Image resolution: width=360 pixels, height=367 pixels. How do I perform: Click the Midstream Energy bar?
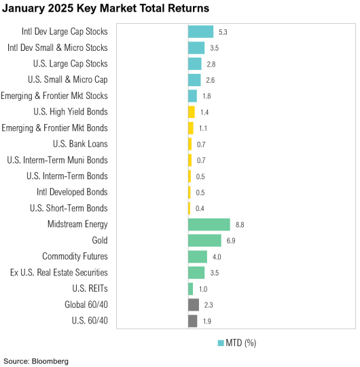pos(209,225)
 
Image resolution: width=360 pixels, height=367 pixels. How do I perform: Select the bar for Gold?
pos(204,241)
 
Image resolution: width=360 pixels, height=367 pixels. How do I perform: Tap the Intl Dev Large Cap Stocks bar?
pos(200,32)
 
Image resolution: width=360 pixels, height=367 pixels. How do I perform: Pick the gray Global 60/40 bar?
pos(193,305)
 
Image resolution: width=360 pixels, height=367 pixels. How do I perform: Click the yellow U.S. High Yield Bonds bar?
pos(191,112)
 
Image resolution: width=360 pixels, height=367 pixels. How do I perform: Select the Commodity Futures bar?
pos(197,256)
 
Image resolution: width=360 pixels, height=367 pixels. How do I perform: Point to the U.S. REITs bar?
pos(190,289)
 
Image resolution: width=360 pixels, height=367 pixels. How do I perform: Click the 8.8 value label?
pos(240,225)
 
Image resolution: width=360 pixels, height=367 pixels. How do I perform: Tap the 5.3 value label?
pos(223,32)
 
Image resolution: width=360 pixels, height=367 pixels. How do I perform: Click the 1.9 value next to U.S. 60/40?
pos(207,321)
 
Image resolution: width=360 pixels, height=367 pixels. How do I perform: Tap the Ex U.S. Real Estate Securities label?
pos(58,273)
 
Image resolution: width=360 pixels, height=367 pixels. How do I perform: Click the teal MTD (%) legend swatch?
pos(220,343)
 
